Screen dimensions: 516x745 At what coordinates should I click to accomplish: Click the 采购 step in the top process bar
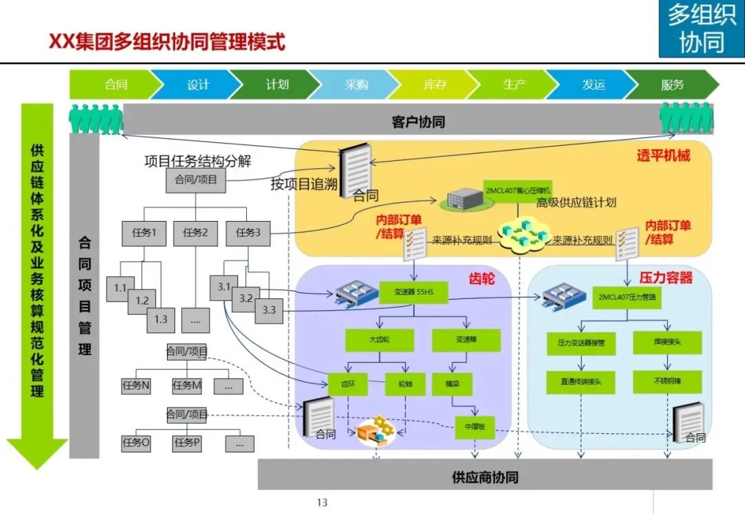coord(357,85)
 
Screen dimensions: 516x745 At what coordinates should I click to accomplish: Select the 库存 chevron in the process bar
coord(435,85)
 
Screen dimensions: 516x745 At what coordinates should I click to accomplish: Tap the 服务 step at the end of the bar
coord(672,85)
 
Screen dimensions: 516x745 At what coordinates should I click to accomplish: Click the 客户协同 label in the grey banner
coord(418,122)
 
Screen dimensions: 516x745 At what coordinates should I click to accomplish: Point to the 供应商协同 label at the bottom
coord(485,477)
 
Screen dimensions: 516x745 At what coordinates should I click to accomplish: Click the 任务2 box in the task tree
coord(195,233)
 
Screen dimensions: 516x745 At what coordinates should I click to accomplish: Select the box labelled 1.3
coord(161,319)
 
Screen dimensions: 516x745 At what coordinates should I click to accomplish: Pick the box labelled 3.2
coord(246,299)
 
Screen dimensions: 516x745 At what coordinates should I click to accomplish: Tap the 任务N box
coord(136,386)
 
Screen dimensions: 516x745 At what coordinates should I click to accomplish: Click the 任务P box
coord(187,443)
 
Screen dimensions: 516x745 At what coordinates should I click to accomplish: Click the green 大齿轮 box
coord(379,340)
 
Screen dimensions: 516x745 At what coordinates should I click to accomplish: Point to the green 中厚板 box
coord(475,427)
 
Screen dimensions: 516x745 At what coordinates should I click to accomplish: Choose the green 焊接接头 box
coord(667,342)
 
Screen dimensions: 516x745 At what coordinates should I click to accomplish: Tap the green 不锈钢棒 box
coord(667,381)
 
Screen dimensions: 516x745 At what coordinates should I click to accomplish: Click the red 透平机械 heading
coord(663,155)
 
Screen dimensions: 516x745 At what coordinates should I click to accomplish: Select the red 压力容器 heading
coord(665,278)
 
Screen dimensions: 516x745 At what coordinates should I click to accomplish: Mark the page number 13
coord(321,502)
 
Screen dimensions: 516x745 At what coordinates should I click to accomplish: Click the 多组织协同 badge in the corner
coord(702,28)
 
